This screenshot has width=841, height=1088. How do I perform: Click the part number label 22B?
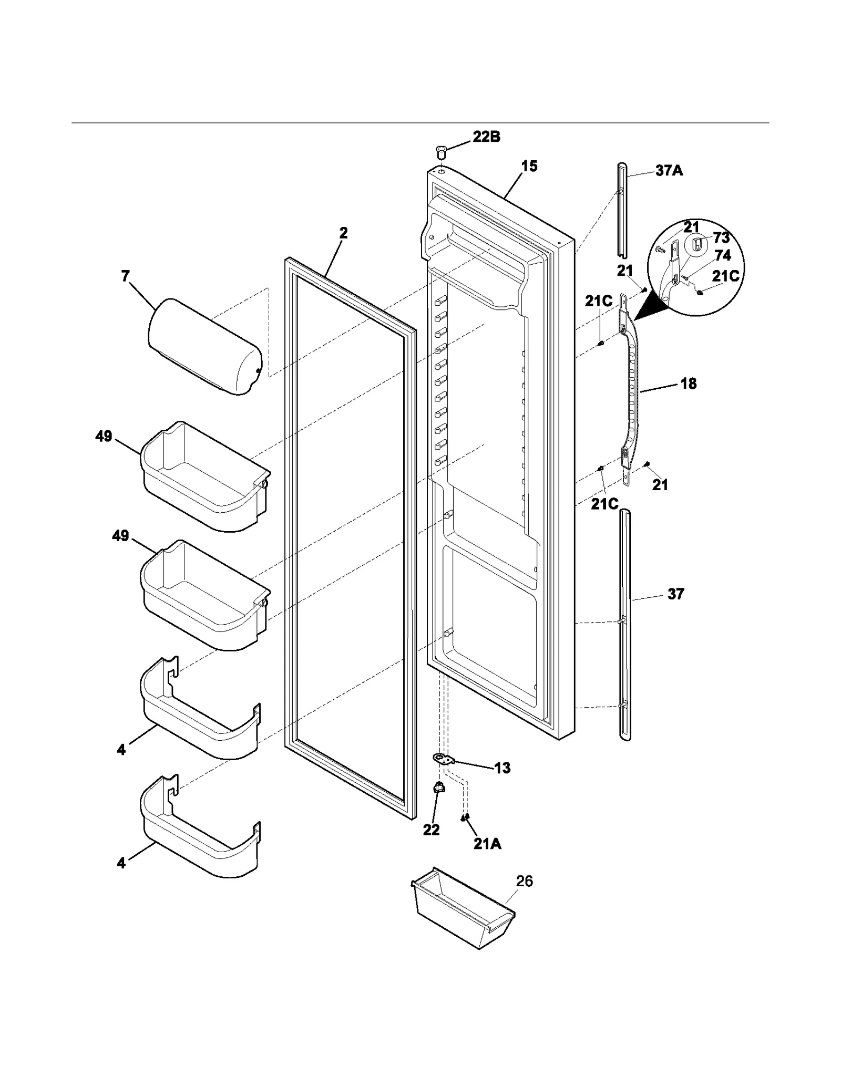(486, 137)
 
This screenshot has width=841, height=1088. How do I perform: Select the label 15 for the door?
(529, 166)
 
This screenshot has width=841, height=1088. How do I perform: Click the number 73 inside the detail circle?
(721, 238)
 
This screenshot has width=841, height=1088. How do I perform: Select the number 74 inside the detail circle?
(723, 255)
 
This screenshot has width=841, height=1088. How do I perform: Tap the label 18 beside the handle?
(688, 384)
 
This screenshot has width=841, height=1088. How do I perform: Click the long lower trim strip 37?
(625, 625)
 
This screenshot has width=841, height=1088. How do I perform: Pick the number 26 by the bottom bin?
(524, 881)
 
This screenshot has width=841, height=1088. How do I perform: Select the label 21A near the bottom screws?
(487, 844)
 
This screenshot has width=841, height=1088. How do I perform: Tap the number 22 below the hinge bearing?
(431, 830)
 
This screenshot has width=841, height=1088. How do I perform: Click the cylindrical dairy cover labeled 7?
(205, 347)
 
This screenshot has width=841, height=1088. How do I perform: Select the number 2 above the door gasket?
(343, 233)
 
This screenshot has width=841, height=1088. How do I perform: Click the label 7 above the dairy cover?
(125, 276)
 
